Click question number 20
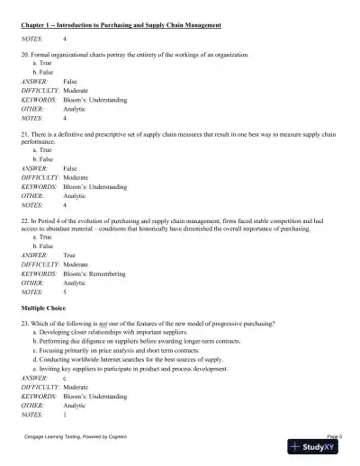click(25, 55)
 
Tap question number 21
click(25, 132)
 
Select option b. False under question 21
click(42, 158)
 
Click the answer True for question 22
click(71, 255)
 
